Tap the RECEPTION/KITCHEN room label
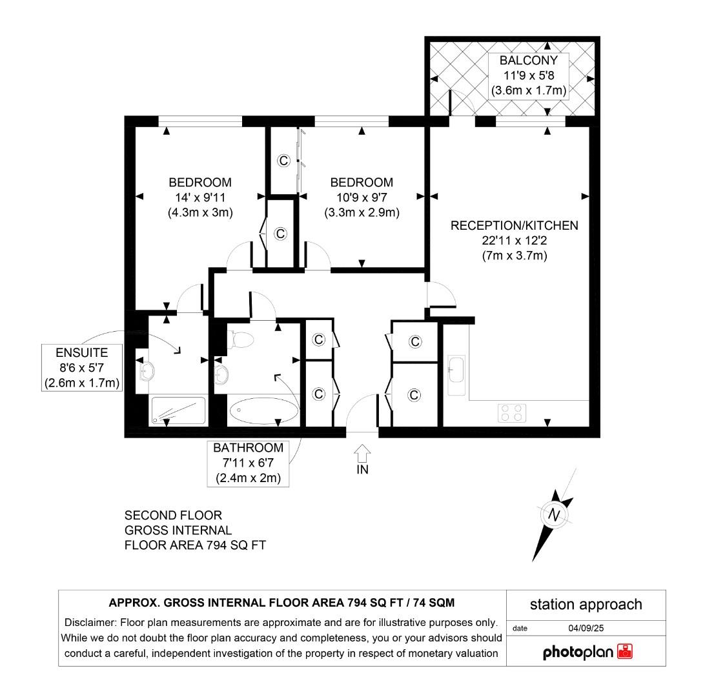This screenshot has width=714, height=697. pos(514,225)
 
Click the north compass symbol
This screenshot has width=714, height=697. pos(553,514)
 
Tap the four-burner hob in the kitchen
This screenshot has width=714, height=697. pos(511,412)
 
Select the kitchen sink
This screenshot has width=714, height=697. pos(455,375)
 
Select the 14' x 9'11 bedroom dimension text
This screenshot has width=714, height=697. pos(200,197)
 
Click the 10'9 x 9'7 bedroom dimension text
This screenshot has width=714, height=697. pos(362,197)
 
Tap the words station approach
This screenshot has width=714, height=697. pos(586,604)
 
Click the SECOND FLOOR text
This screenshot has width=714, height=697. pos(173,516)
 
